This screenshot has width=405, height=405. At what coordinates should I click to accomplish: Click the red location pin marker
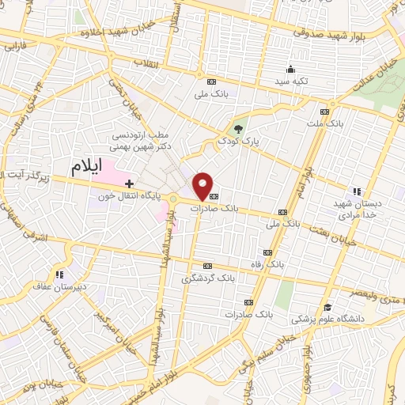(x=204, y=184)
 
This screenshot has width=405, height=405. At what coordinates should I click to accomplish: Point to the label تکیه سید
(x=291, y=81)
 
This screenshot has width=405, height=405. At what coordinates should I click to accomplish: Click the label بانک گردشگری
(x=208, y=278)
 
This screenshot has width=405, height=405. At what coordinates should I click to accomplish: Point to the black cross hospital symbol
(x=130, y=183)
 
